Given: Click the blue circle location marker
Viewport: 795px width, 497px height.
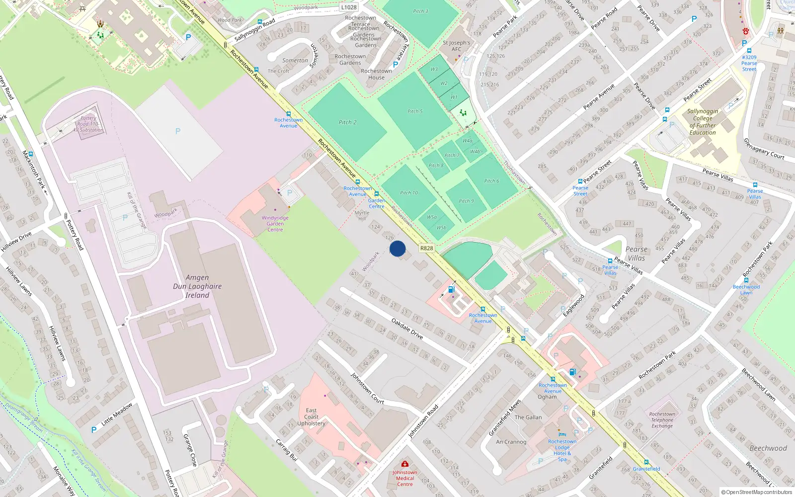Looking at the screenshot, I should pos(397,248).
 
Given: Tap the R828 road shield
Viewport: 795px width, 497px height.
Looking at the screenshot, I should pos(426,248).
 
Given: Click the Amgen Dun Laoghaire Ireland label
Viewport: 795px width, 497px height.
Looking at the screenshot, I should pos(197,286).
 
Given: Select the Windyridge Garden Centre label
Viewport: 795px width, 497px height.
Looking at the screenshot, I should pos(275,224).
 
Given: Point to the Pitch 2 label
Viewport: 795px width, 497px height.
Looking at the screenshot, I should pos(347,122).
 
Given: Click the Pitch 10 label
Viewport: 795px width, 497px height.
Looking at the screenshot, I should pos(409,193).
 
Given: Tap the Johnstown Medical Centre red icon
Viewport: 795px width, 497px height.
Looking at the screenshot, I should pos(405,464).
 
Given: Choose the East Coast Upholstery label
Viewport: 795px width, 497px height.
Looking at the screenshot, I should pos(312,417).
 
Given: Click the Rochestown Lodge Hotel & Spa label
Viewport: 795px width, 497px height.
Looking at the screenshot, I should pos(562,450).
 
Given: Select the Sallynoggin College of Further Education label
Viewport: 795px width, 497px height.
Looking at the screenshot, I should pos(703,122).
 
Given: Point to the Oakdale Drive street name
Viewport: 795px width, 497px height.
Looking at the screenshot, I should pos(407,329).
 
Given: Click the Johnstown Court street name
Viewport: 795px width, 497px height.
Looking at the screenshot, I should pos(367,388).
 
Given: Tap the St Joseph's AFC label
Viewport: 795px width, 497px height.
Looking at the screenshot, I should pos(456,46).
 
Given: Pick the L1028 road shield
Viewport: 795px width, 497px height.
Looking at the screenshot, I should pos(349,7).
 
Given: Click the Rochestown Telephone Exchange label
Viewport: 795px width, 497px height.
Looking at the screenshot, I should pos(662,420).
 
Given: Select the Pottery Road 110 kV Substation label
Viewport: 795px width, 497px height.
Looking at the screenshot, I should pos(88,124).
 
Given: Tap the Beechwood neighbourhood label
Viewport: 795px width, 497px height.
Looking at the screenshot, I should pos(768,448).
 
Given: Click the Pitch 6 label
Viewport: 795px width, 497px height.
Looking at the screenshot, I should pos(491,181).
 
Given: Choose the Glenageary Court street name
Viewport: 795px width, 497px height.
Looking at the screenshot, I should pos(764,149).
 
